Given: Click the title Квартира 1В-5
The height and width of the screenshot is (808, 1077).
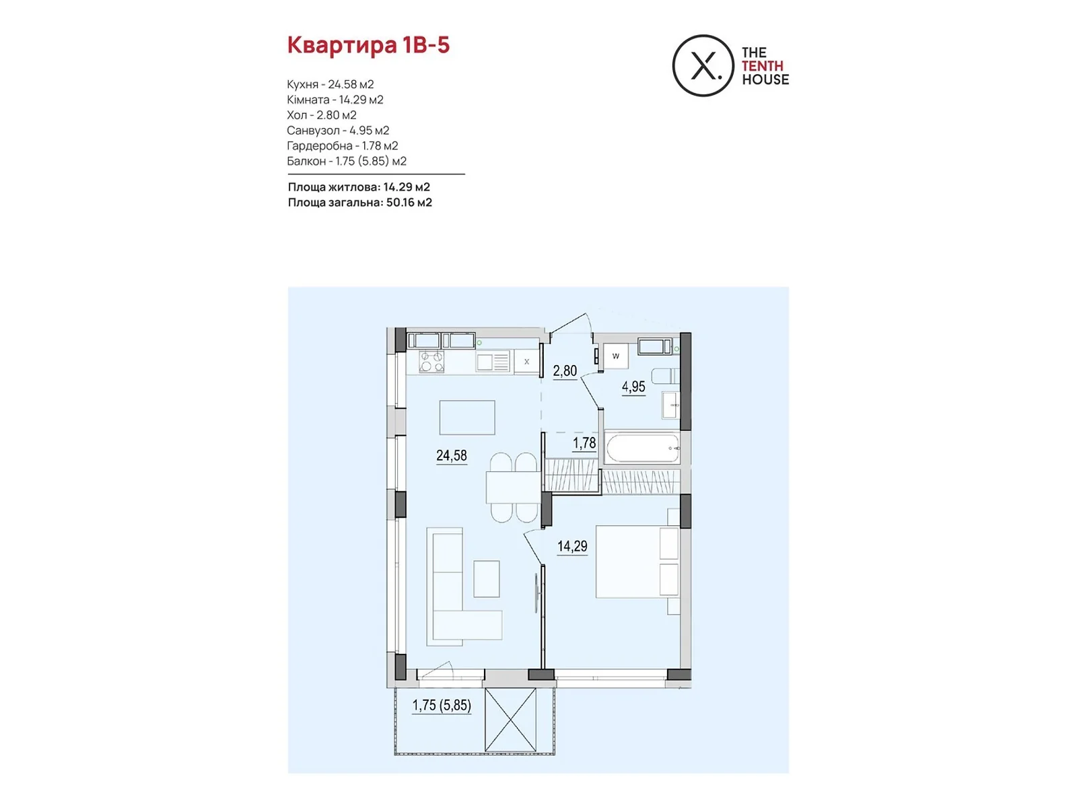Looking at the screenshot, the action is click(368, 45).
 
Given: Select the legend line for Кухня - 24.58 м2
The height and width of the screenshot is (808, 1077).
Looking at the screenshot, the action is click(331, 84).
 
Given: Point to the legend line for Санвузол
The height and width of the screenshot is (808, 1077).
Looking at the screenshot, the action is click(338, 131).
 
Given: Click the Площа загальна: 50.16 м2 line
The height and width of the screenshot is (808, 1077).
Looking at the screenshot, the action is click(359, 203).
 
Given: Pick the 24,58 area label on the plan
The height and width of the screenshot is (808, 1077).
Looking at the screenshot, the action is click(452, 456).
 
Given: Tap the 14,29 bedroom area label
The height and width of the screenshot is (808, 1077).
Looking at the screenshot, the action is click(572, 546).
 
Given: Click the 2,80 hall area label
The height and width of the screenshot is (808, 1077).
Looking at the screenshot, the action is click(565, 371).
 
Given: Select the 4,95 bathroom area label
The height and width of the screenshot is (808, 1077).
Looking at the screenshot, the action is click(633, 387).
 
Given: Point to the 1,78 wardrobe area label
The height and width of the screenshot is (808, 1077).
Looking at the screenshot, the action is click(584, 443).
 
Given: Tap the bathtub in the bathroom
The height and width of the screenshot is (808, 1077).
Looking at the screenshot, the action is click(643, 447).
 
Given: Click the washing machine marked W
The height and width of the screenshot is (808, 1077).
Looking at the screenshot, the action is click(616, 356).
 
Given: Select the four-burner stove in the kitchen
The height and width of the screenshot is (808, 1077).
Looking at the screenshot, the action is click(431, 362).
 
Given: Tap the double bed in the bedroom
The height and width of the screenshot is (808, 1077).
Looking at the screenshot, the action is click(637, 562).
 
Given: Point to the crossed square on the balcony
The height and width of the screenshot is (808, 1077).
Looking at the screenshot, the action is click(510, 720).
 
